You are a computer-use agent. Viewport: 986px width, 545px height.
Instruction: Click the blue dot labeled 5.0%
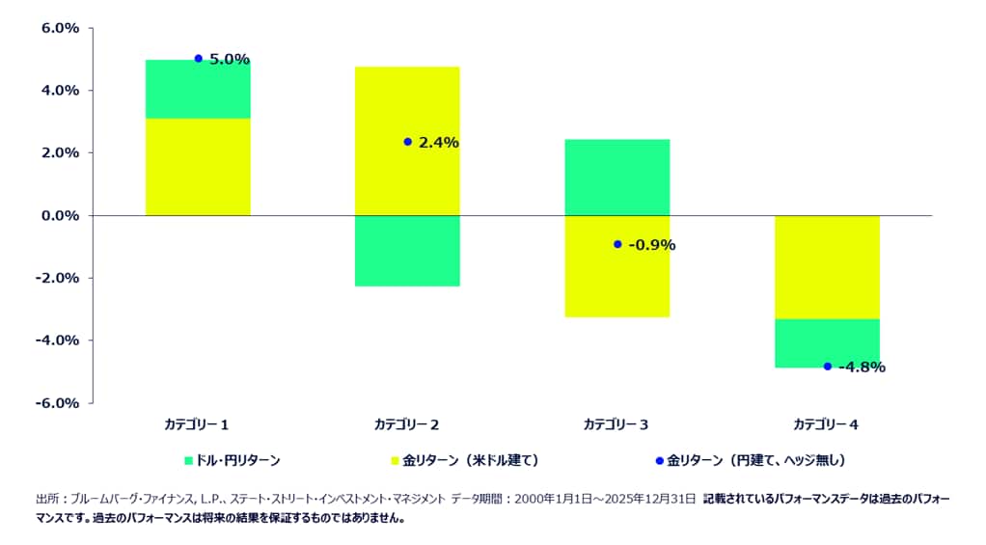(198, 59)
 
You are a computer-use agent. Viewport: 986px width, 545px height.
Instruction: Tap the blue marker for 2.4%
(407, 142)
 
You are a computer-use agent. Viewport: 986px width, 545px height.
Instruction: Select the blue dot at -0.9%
(617, 244)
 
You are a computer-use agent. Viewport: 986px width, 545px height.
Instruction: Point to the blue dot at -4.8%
(827, 367)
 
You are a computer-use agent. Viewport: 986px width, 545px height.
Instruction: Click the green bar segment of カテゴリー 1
(198, 89)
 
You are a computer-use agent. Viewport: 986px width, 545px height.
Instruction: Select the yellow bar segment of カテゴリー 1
(198, 166)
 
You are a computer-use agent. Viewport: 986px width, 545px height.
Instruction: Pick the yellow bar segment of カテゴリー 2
(407, 106)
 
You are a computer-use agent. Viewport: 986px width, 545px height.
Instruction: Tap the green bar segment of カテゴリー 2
(407, 251)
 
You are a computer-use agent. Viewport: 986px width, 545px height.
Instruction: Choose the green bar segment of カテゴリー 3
(617, 177)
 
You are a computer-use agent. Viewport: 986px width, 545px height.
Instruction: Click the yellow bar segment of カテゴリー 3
(617, 280)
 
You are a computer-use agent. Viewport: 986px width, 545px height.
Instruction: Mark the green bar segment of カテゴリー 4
(827, 342)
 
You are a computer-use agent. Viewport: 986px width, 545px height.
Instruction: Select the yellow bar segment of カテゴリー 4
(827, 266)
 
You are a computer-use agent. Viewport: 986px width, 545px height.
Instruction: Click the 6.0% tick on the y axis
(60, 29)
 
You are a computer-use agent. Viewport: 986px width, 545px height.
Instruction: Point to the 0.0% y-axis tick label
(60, 215)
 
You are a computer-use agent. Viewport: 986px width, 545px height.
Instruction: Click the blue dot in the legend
(660, 461)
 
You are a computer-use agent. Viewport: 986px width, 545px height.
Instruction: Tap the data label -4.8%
(862, 367)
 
